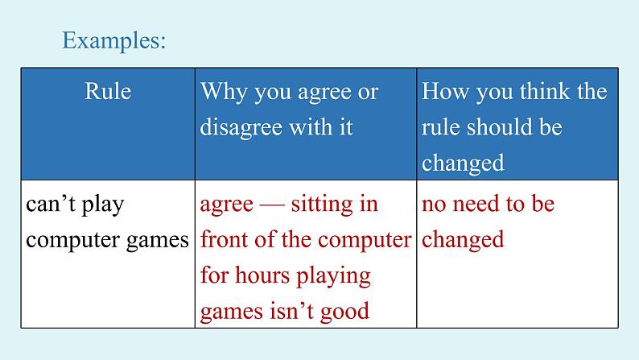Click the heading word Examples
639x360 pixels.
coord(114,40)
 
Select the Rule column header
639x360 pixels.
coord(108,91)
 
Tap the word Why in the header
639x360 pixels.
coord(224,92)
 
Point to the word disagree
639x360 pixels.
coord(241,127)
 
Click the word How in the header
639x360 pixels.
coord(445,91)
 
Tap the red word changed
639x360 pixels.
coord(463,240)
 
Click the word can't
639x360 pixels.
coord(51,204)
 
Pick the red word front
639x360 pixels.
coord(225,240)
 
